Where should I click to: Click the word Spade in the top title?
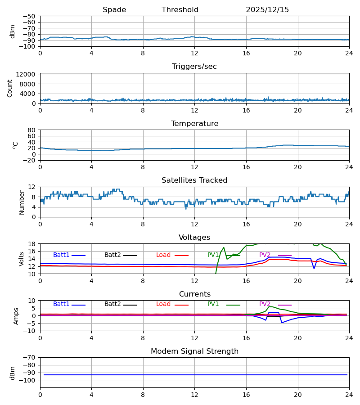click(114, 10)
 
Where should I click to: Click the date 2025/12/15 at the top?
click(267, 10)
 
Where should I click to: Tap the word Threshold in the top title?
click(180, 10)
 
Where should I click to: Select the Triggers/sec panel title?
click(194, 67)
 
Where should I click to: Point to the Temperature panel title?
click(194, 124)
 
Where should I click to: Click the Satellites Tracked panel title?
click(194, 180)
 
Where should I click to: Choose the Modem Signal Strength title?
click(194, 351)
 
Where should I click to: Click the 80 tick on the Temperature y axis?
click(31, 130)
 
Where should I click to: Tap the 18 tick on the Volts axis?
click(32, 244)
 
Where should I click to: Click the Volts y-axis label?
click(22, 259)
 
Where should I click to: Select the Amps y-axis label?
click(17, 316)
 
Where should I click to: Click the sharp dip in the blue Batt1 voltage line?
click(314, 268)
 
